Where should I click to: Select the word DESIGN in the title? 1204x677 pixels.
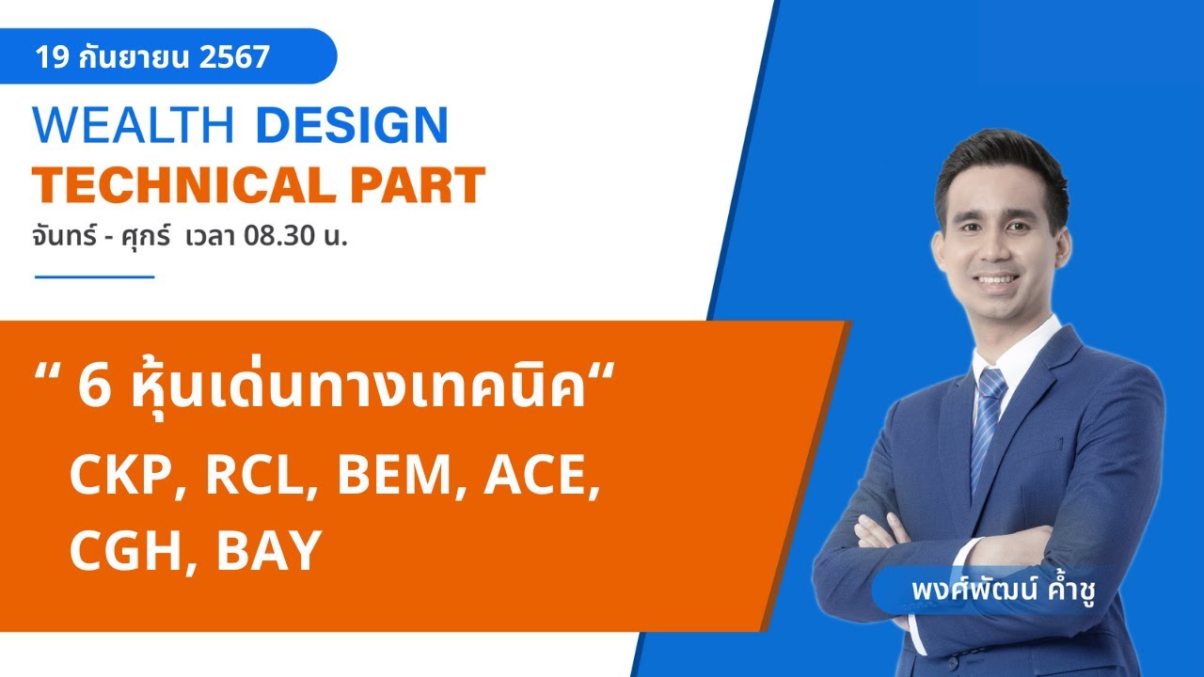click(351, 126)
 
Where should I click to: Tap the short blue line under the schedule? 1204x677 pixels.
click(94, 277)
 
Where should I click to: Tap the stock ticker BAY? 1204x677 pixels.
click(269, 551)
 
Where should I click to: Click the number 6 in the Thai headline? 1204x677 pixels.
click(95, 388)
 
